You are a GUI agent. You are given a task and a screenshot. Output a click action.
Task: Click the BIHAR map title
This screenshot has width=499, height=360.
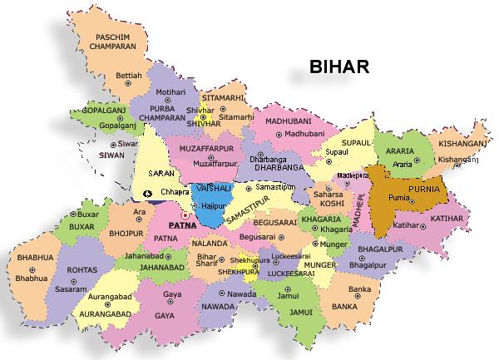(339, 67)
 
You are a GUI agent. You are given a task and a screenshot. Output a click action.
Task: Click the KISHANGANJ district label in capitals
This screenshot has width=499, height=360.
(462, 143)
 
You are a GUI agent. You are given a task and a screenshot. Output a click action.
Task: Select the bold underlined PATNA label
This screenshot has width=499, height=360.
(182, 225)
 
